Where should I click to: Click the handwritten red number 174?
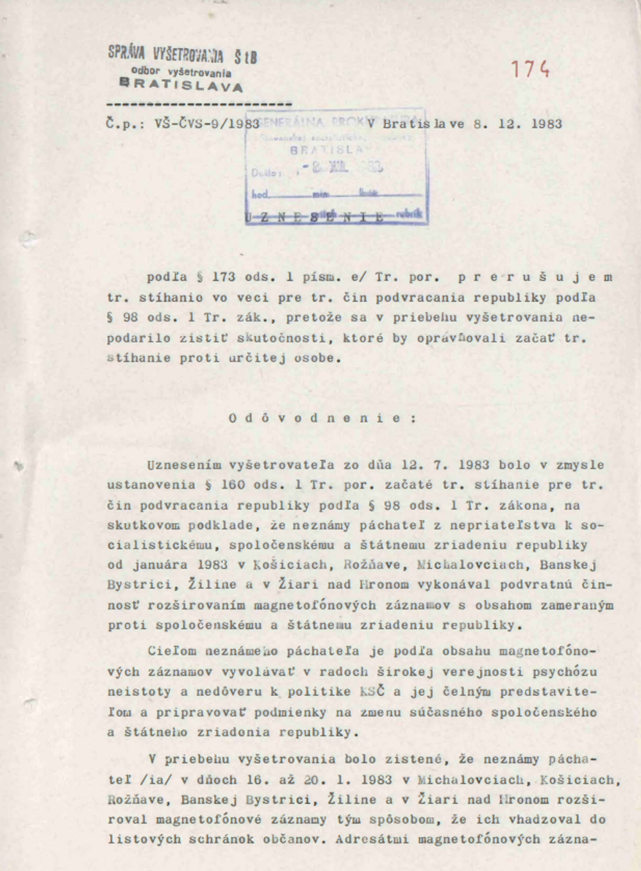point(530,69)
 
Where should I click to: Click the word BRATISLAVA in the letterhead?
point(181,85)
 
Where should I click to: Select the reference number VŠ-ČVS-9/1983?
point(206,124)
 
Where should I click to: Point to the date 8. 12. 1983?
point(517,124)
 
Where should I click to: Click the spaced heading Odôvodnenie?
point(323,418)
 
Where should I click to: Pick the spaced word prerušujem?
point(535,277)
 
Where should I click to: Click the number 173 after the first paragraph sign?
point(224,277)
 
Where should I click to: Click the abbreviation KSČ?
point(372,691)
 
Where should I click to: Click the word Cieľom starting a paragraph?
point(172,651)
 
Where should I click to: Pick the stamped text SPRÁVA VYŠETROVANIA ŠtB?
point(183,56)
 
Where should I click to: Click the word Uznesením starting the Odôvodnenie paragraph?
point(184,465)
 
